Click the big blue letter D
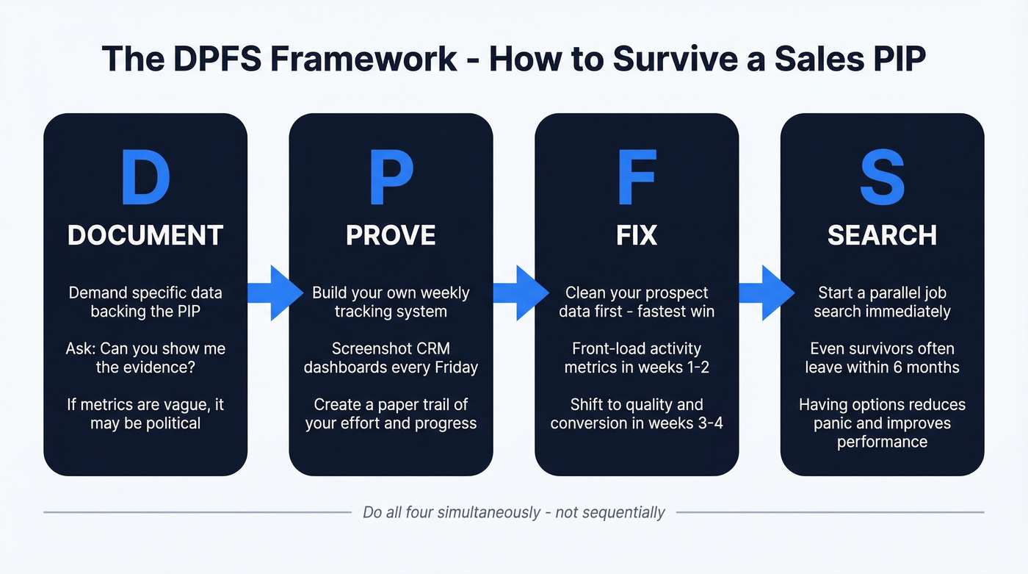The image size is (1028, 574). pyautogui.click(x=145, y=179)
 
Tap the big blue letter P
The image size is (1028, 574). pyautogui.click(x=391, y=179)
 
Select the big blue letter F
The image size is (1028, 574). pyautogui.click(x=637, y=179)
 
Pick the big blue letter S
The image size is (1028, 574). pyautogui.click(x=882, y=179)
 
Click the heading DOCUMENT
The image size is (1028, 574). pyautogui.click(x=145, y=235)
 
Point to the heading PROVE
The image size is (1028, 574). pyautogui.click(x=391, y=235)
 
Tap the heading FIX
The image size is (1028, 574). pyautogui.click(x=637, y=235)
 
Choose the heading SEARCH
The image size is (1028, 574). pyautogui.click(x=882, y=235)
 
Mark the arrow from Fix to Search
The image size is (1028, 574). pyautogui.click(x=764, y=293)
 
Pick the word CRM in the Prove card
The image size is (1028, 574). pyautogui.click(x=432, y=348)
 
